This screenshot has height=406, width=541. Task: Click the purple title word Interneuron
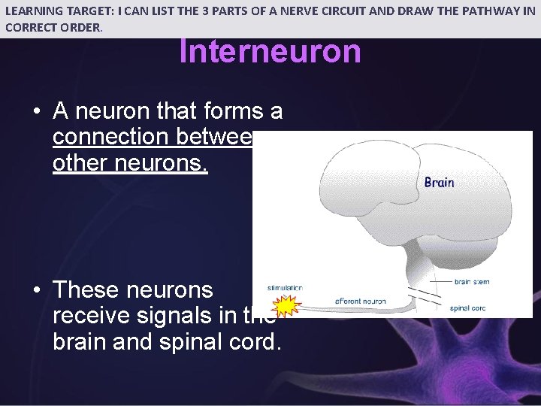pyautogui.click(x=270, y=52)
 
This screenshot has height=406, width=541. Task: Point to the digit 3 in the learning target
pyautogui.click(x=239, y=11)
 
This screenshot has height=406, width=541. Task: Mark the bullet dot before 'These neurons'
pyautogui.click(x=37, y=290)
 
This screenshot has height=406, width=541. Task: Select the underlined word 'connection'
pyautogui.click(x=110, y=137)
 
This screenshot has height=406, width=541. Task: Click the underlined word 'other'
pyautogui.click(x=80, y=162)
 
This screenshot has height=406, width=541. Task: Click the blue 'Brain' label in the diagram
pyautogui.click(x=439, y=183)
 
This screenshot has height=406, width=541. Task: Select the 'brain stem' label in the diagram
pyautogui.click(x=473, y=283)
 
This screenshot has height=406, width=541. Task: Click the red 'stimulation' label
pyautogui.click(x=285, y=288)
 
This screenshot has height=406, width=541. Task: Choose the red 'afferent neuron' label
pyautogui.click(x=361, y=301)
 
